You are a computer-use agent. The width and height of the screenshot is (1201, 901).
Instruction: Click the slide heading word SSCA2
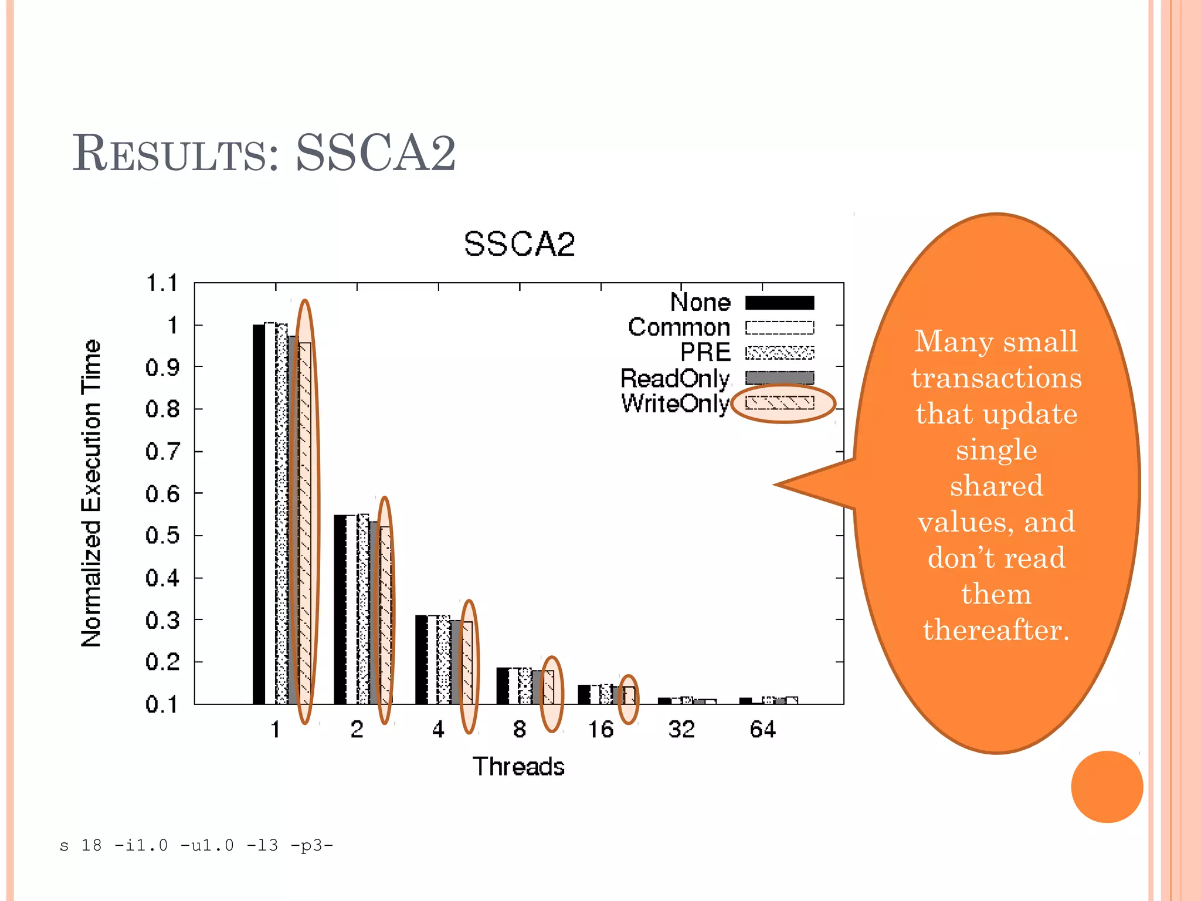pos(375,153)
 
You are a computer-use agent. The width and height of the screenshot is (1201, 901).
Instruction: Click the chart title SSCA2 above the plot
pos(519,244)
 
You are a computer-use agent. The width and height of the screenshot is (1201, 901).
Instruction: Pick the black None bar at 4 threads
pos(421,659)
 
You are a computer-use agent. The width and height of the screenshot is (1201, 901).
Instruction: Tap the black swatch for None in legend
pos(779,303)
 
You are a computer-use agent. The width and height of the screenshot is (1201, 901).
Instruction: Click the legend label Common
pos(679,327)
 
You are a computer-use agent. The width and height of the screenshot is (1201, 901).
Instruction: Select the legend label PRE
pos(705,353)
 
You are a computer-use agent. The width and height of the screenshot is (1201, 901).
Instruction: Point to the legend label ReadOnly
pos(675,378)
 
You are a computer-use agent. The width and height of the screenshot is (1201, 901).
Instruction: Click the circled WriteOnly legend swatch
pos(780,403)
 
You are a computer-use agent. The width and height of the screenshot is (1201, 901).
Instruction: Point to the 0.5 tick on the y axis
pos(162,536)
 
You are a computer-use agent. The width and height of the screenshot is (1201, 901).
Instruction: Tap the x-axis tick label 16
pos(600,730)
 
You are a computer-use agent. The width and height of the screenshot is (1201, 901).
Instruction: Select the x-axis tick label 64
pos(762,730)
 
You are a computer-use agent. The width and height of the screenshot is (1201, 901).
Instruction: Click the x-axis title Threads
pos(518,767)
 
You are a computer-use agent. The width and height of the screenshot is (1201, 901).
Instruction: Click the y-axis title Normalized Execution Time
pos(91,493)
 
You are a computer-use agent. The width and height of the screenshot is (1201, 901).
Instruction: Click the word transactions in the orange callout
pos(996,378)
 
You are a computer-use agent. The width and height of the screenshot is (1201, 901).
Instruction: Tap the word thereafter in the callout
pos(996,630)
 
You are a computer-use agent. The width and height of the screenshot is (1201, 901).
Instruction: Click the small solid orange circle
pos(1107,787)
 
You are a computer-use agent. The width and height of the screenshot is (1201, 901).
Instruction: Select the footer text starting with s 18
pos(196,845)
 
